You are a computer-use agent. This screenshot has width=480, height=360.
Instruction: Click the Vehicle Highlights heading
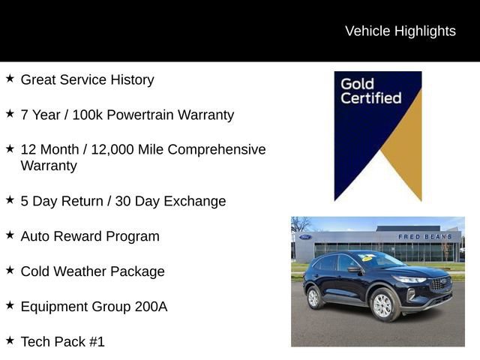(x=400, y=31)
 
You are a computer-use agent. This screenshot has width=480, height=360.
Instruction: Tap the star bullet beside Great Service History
(x=10, y=78)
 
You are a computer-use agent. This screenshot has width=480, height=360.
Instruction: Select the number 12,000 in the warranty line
(x=135, y=149)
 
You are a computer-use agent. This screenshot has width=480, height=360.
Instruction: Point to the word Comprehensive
(x=217, y=149)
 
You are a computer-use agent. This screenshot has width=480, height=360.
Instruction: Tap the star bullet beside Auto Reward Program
(x=10, y=235)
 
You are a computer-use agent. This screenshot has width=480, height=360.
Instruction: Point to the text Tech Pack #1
(x=62, y=342)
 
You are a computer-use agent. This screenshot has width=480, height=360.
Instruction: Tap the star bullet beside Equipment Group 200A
(x=10, y=305)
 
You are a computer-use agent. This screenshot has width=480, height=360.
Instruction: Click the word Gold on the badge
(x=357, y=82)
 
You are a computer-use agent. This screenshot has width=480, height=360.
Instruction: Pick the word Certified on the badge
(x=371, y=97)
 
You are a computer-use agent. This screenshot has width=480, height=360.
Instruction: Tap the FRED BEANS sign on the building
(x=424, y=237)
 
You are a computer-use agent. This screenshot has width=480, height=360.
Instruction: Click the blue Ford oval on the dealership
(x=305, y=238)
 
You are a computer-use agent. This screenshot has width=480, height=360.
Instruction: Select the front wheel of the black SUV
(x=382, y=304)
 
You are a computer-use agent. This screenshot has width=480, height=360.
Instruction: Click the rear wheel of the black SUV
(x=314, y=298)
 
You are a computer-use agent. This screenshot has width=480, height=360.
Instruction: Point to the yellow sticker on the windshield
(x=366, y=258)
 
